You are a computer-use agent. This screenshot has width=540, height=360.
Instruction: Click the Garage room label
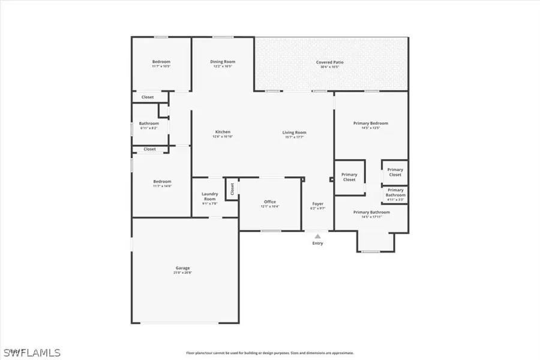point(182,268)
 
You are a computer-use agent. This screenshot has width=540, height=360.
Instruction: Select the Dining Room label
point(222,61)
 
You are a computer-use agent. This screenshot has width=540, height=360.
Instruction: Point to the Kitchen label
point(223,132)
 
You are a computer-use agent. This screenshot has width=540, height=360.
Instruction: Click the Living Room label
point(295,132)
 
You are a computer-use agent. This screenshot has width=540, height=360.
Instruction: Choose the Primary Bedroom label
point(371,123)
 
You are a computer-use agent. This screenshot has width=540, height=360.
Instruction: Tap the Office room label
point(269,202)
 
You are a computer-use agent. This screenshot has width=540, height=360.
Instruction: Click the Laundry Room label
point(209,196)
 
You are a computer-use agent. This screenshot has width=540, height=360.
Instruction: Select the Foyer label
point(317,204)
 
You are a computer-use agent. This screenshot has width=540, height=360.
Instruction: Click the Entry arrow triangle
point(317,236)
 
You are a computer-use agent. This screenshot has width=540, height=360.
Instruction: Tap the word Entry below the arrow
point(317,243)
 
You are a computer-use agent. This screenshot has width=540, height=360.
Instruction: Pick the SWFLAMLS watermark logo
point(32,352)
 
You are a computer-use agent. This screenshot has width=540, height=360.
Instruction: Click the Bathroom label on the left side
point(149,124)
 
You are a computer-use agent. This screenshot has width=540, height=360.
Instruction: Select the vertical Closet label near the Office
point(232,189)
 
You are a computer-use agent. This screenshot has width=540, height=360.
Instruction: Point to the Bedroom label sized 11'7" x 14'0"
point(161,181)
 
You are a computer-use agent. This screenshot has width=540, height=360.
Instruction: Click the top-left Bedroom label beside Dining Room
point(161,62)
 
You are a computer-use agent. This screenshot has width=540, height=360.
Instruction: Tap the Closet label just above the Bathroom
point(148,97)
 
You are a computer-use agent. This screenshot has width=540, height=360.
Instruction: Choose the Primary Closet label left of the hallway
point(349,177)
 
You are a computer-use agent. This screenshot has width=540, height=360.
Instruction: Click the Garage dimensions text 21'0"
point(182,272)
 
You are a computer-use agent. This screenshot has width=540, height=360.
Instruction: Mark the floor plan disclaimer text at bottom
point(269,353)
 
